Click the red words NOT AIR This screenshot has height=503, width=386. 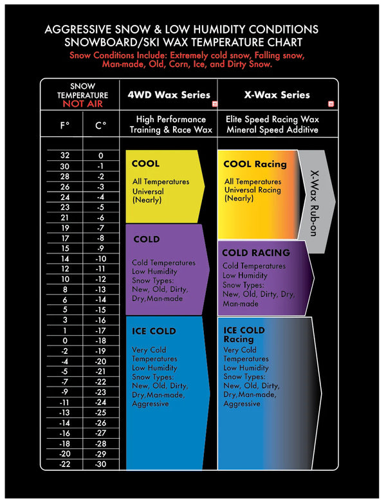[82, 104]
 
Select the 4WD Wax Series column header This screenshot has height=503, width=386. [169, 95]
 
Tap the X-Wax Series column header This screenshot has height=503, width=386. [277, 95]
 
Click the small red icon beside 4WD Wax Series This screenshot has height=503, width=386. [215, 104]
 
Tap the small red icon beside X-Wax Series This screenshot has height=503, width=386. [331, 104]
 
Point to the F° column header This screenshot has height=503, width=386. [65, 125]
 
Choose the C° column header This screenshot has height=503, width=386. [100, 125]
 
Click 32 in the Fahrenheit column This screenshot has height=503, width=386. [65, 155]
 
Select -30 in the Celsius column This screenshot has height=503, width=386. [100, 464]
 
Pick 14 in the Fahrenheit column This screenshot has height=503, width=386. [65, 259]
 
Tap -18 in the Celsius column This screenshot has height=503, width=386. [100, 341]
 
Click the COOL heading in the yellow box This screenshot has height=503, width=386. [145, 163]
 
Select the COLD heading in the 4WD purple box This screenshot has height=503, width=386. [147, 239]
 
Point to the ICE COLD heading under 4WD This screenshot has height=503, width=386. [154, 331]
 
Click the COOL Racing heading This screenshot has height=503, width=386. [255, 164]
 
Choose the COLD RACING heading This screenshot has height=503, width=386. [256, 253]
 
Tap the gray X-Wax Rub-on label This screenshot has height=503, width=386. [314, 203]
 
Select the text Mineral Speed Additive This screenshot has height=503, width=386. [272, 129]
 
